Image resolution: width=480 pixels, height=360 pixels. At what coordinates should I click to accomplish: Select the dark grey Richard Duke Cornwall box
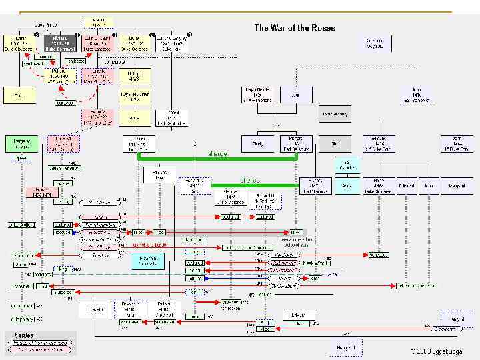[61, 43]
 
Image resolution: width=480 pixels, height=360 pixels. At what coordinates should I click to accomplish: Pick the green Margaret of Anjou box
[21, 144]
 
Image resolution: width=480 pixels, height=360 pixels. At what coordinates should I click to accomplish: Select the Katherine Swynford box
[378, 44]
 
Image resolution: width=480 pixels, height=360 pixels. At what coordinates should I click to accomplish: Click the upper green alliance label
[217, 153]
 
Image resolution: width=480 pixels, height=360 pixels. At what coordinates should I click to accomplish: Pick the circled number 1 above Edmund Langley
[190, 34]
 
